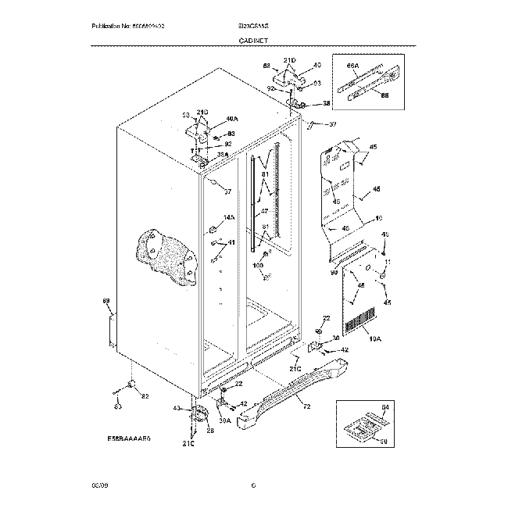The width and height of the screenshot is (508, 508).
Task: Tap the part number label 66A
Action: tap(352, 66)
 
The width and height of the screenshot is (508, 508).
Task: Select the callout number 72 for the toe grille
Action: tap(306, 407)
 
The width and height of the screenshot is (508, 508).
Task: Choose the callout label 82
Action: tap(145, 397)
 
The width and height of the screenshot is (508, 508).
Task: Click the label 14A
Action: tap(229, 218)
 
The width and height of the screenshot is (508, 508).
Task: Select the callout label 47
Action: tap(264, 211)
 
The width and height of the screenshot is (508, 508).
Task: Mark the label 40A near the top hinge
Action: tap(231, 120)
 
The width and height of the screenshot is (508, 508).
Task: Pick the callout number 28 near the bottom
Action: tap(209, 431)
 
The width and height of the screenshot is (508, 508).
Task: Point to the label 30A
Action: tap(225, 422)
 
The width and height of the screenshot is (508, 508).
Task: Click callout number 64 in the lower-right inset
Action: tap(384, 407)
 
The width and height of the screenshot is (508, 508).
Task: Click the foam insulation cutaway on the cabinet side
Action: tap(165, 255)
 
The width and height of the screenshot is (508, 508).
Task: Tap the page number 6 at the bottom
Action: tap(253, 487)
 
